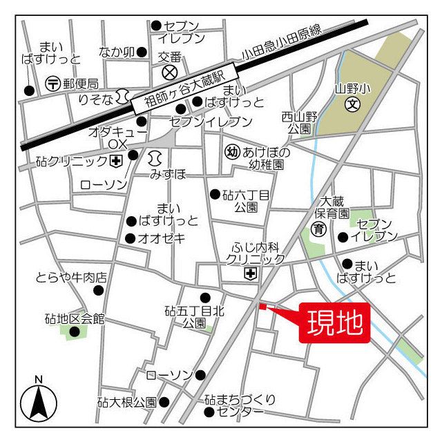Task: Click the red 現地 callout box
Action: pyautogui.click(x=334, y=323)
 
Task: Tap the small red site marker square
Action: pyautogui.click(x=262, y=306)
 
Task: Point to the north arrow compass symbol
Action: pyautogui.click(x=39, y=403)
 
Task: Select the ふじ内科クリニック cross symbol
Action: pyautogui.click(x=249, y=274)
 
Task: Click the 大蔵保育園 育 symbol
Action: pyautogui.click(x=318, y=229)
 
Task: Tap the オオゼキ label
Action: pyautogui.click(x=160, y=239)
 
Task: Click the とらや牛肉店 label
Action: pyautogui.click(x=71, y=278)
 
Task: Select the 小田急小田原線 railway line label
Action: pyautogui.click(x=282, y=44)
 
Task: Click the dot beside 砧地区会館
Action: pyautogui.click(x=74, y=331)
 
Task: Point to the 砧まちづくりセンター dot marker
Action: pyautogui.click(x=209, y=412)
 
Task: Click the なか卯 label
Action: pyautogui.click(x=116, y=52)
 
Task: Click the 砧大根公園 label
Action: pyautogui.click(x=126, y=402)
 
